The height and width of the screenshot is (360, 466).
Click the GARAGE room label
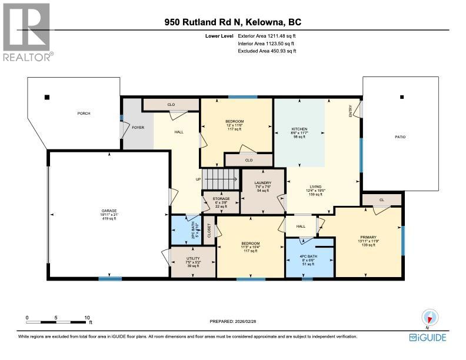pyautogui.click(x=109, y=211)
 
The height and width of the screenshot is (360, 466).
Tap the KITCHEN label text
pyautogui.click(x=299, y=129)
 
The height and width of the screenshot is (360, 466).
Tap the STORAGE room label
pyautogui.click(x=221, y=199)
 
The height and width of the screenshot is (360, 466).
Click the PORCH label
pyautogui.click(x=82, y=114)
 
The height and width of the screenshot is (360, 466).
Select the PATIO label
pyautogui.click(x=400, y=137)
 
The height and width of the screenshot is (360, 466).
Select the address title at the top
pyautogui.click(x=233, y=23)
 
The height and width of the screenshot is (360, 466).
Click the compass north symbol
pyautogui.click(x=428, y=318)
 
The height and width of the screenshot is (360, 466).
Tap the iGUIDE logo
pyautogui.click(x=428, y=337)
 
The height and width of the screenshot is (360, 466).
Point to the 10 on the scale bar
pyautogui.click(x=87, y=317)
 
